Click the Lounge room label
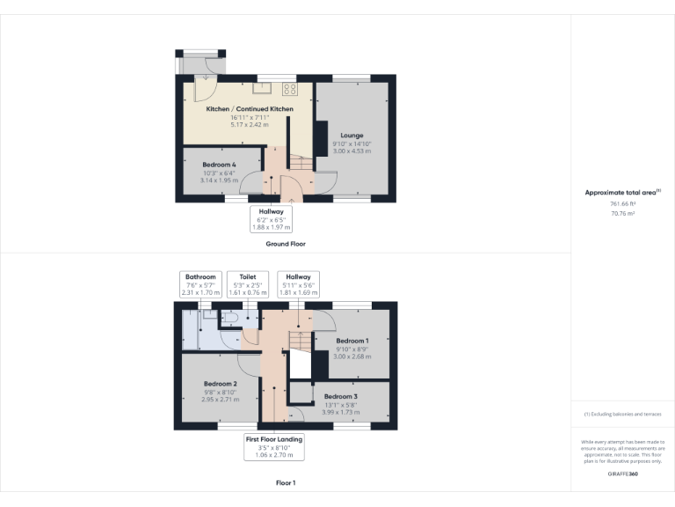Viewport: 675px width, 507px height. click(352, 136)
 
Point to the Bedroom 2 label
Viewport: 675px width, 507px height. click(221, 385)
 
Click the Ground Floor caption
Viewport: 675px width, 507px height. click(286, 244)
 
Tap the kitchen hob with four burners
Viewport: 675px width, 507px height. click(290, 88)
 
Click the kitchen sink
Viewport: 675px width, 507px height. click(261, 87)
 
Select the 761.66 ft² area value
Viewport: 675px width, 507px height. click(622, 203)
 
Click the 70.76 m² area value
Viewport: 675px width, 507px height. click(622, 212)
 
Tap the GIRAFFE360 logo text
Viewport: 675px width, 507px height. click(622, 474)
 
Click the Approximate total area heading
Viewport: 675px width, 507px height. click(621, 192)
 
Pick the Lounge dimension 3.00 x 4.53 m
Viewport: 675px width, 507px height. click(352, 151)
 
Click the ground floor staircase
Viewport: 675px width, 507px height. click(301, 163)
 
